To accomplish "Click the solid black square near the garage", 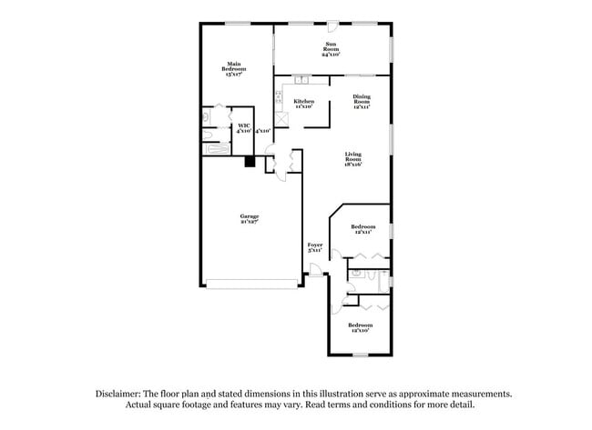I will [x=248, y=162].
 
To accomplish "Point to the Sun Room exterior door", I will [x=333, y=25].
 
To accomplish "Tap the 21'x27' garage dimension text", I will [x=250, y=223].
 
